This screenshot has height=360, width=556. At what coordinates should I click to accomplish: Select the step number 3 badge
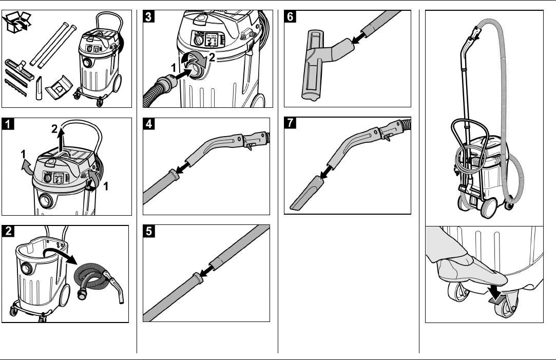coord(148,17)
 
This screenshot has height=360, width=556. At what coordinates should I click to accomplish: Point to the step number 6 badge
coord(291,17)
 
